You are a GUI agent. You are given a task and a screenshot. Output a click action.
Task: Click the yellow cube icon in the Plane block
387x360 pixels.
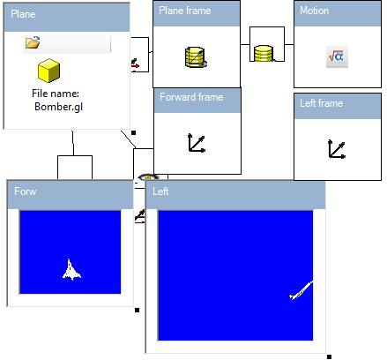(x=48, y=71)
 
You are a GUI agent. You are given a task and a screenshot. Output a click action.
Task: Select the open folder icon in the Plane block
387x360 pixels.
(x=33, y=42)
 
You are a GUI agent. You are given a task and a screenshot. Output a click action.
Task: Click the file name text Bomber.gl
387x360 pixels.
(x=58, y=107)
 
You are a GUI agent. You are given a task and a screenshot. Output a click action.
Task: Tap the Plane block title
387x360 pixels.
(x=23, y=14)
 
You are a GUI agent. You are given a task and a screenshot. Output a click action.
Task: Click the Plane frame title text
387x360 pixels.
(x=184, y=11)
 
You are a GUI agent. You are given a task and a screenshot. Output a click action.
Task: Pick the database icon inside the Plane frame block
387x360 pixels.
(x=196, y=57)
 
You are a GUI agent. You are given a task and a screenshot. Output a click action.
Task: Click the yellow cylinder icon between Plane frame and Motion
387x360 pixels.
(x=264, y=53)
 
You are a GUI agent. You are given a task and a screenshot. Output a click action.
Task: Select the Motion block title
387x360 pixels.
(x=314, y=11)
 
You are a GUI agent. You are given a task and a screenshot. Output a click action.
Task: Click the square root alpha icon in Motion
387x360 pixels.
(x=337, y=56)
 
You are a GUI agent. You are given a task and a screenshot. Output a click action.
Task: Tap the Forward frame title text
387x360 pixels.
(x=191, y=97)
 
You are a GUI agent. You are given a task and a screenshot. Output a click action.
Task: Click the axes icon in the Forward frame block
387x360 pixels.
(x=197, y=143)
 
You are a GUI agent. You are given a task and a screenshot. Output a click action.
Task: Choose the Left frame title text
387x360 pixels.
(x=321, y=103)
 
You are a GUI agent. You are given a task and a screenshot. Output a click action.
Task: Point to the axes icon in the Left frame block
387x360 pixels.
(x=337, y=149)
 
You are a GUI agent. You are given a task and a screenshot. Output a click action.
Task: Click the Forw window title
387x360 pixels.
(x=26, y=191)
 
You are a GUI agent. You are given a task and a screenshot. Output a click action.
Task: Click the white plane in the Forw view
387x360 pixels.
(x=71, y=270)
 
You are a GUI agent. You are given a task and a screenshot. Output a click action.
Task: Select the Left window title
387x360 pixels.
(x=160, y=191)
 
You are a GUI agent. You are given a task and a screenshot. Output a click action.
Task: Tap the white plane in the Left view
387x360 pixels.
(x=301, y=290)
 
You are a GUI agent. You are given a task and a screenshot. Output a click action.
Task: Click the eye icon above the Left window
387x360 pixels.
(x=148, y=177)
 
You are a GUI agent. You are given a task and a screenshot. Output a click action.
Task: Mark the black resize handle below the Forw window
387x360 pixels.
(x=137, y=310)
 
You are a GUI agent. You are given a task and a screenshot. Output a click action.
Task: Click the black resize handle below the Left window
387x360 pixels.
(x=329, y=356)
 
